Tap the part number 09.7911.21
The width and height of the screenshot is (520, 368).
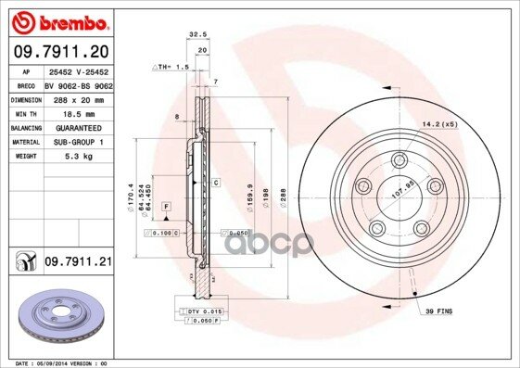coord(79,263)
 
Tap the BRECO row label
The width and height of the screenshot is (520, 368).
coord(26,84)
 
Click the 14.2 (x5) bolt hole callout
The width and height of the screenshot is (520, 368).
coord(439,121)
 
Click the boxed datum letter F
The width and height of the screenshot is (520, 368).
coord(167,203)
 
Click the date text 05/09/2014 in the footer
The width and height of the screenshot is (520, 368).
coord(53,362)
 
